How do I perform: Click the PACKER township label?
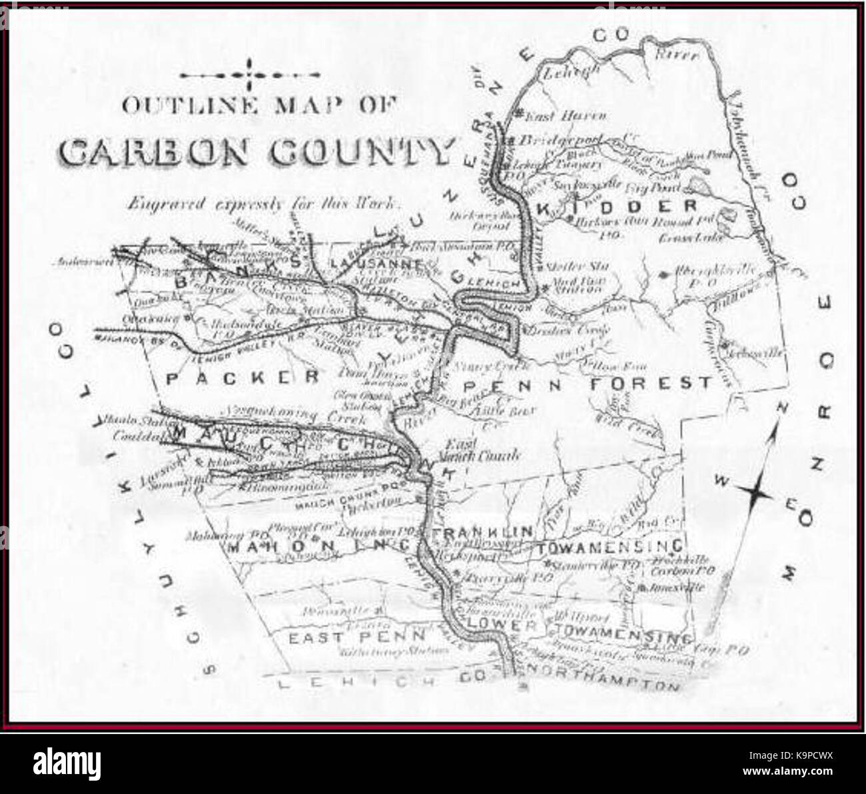[x=240, y=378]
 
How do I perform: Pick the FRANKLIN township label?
[x=482, y=532]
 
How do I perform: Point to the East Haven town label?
[x=565, y=116]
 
